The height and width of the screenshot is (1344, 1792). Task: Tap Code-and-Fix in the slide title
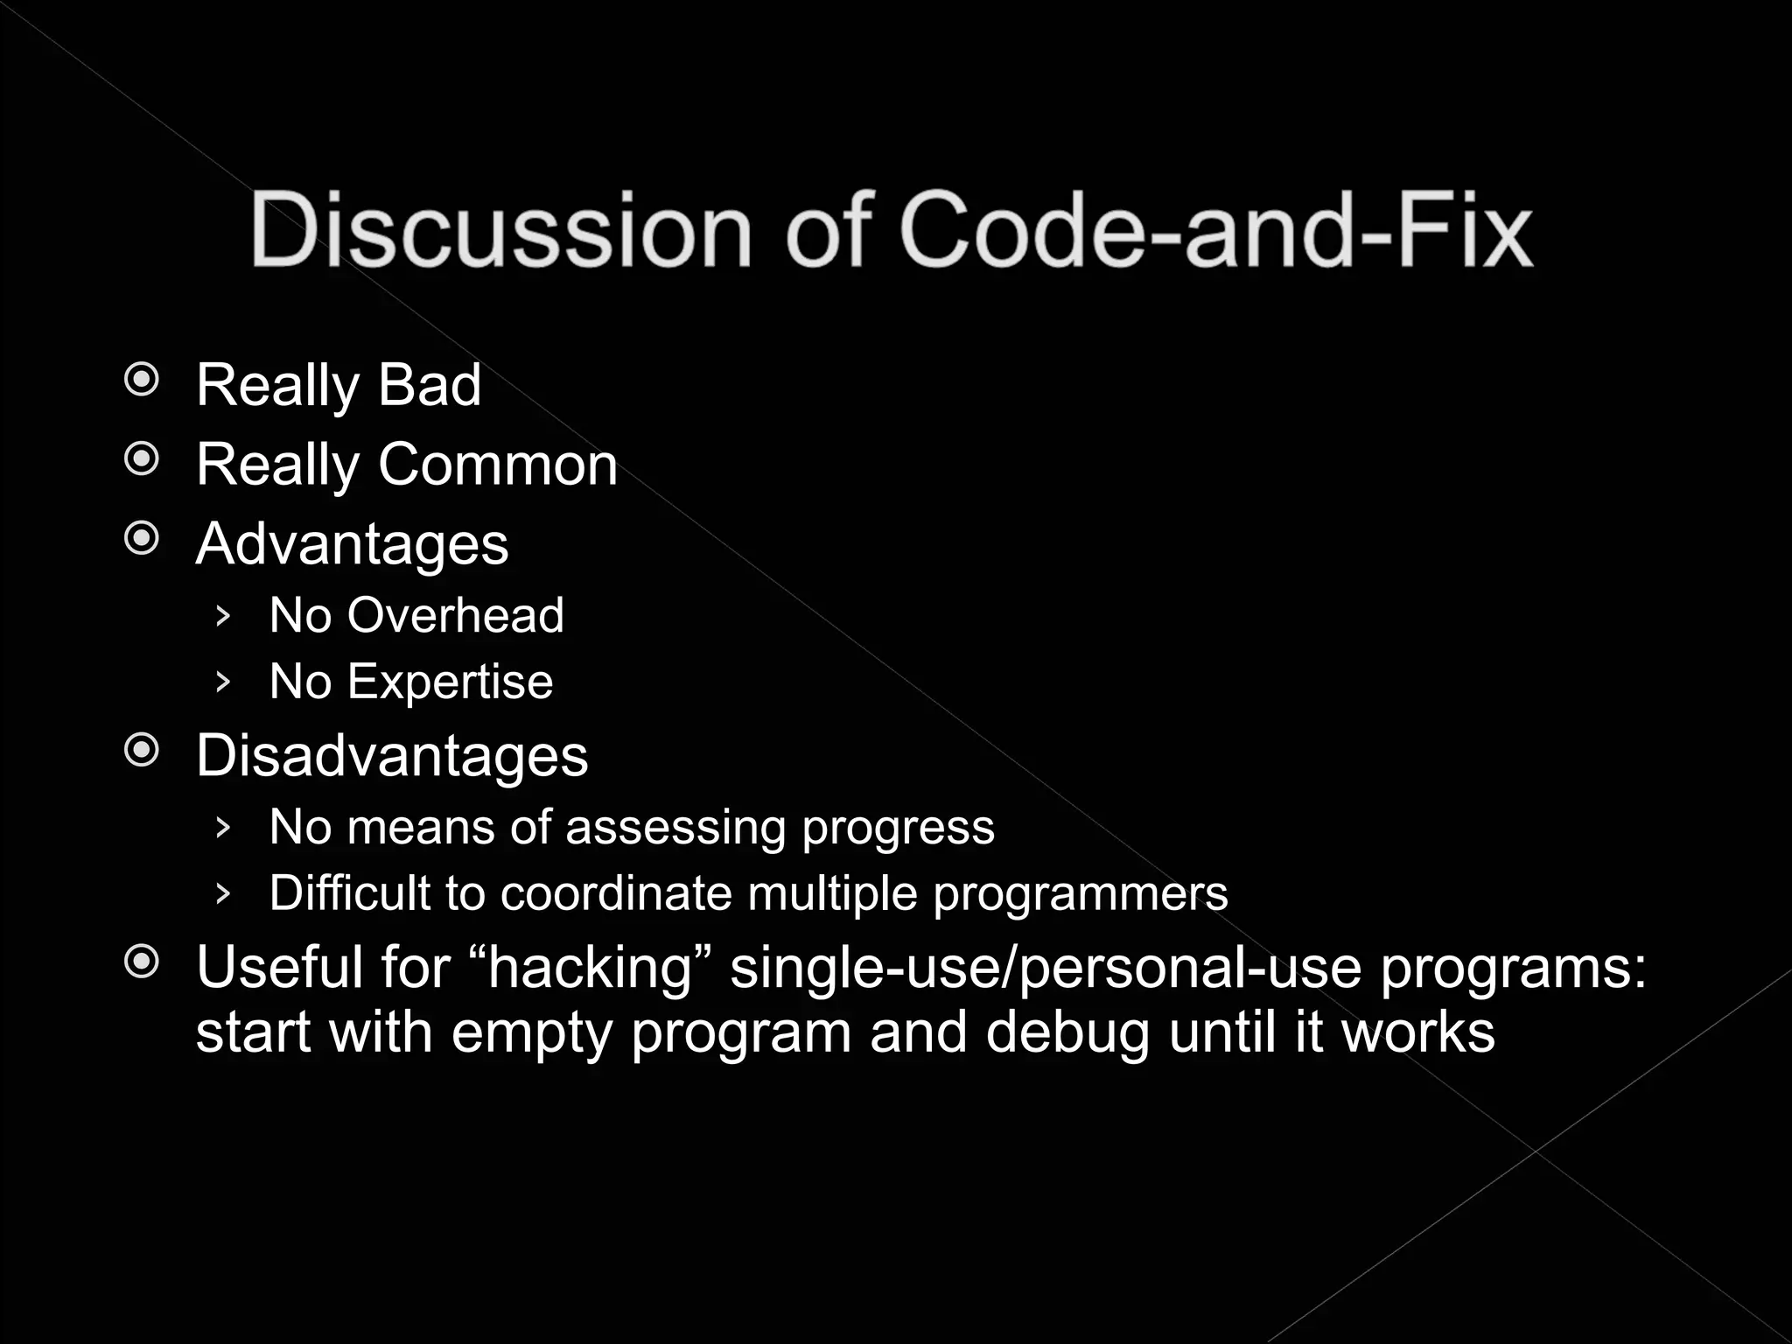(x=1216, y=229)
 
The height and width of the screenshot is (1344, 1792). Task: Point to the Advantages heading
(x=352, y=543)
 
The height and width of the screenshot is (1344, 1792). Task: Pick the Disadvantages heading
(x=392, y=755)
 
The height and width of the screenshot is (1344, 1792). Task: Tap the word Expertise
(x=450, y=681)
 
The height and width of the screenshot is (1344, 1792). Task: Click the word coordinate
(x=616, y=893)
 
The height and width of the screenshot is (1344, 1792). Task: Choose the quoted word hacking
(x=591, y=968)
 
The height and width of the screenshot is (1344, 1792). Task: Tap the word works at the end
(x=1418, y=1032)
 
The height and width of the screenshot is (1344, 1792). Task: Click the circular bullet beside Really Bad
(x=142, y=381)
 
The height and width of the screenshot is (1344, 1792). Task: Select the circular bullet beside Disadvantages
(x=142, y=751)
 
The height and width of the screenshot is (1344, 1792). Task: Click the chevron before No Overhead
(x=222, y=616)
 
